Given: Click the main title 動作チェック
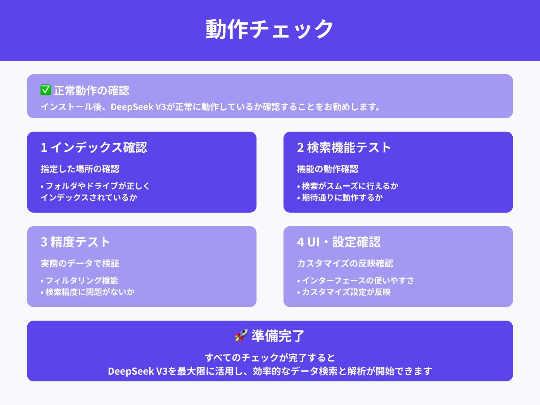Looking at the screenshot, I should tap(270, 29).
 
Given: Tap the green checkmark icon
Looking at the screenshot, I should tap(46, 90).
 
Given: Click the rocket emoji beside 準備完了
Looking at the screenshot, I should tap(241, 335).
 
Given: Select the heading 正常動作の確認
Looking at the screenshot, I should tap(91, 90).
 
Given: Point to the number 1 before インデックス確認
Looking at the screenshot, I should tap(44, 147).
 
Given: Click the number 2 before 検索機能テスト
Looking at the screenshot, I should tap(300, 147).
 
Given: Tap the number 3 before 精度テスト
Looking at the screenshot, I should tap(44, 242).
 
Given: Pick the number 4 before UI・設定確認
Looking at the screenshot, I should tap(300, 242).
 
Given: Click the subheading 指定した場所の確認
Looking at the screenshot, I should tap(80, 169).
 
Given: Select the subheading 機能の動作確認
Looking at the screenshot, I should tap(328, 169).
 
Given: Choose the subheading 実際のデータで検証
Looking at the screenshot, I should tap(80, 263).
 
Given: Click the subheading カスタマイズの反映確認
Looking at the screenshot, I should tap(345, 263).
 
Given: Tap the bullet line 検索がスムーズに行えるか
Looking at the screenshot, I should tap(350, 186).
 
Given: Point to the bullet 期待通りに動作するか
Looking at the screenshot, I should tap(342, 197).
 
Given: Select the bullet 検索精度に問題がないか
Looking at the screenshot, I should tap(90, 292).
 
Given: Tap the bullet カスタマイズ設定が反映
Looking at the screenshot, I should tap(346, 292).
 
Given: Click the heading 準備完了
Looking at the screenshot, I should tap(278, 336).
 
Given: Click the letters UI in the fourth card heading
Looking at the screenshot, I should tap(314, 242).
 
